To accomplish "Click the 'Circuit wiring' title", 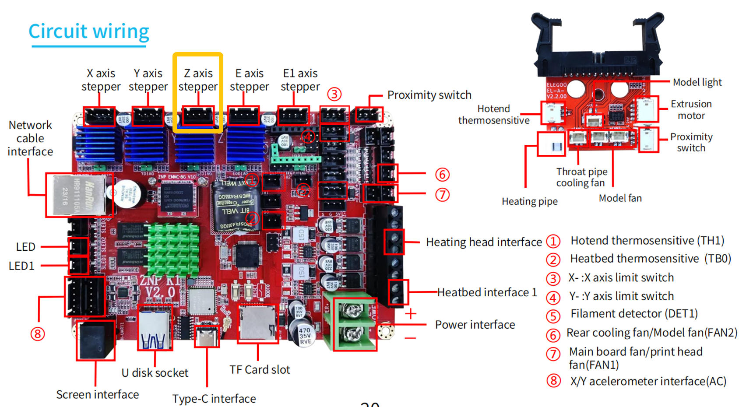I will click(89, 32).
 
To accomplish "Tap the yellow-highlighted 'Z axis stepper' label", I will click(198, 80).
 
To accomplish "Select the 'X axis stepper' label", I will click(101, 80).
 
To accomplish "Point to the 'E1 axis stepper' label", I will click(300, 80).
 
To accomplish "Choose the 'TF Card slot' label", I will click(260, 370).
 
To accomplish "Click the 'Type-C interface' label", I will click(214, 399).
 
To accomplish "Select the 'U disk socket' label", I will click(155, 373).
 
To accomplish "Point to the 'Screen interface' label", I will click(98, 394).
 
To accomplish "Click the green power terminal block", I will click(354, 324).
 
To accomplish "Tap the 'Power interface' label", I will click(475, 325).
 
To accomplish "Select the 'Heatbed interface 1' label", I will click(487, 292).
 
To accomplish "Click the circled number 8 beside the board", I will click(38, 334).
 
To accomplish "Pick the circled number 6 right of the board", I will click(442, 175).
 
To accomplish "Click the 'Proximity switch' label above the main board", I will click(429, 95).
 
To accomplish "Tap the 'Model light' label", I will click(697, 82).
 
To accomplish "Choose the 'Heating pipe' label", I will click(529, 201).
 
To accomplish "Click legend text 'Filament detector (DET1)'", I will click(634, 314).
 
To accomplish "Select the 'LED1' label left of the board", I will click(21, 266).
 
